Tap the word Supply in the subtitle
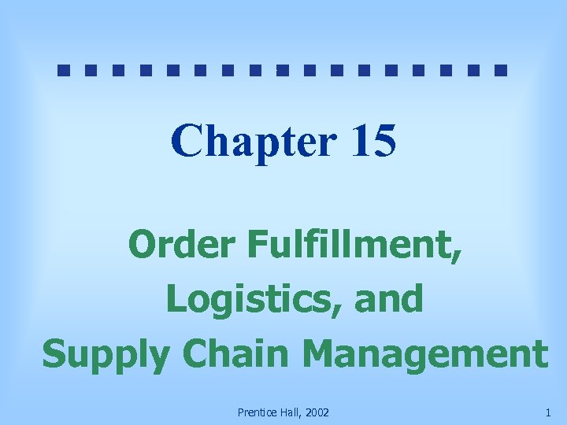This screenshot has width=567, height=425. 106,354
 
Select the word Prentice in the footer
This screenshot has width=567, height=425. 256,412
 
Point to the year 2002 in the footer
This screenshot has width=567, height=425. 317,412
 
